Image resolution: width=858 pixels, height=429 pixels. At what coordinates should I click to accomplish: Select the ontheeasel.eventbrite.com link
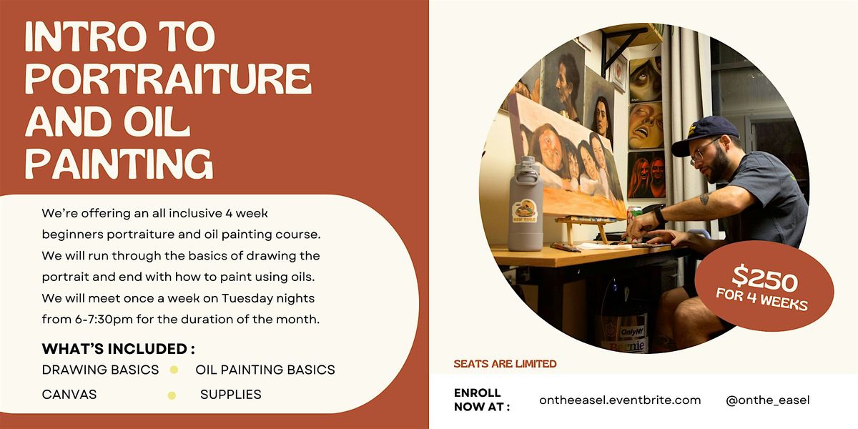(x=620, y=400)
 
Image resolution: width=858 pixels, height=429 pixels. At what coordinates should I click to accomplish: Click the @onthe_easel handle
(x=767, y=400)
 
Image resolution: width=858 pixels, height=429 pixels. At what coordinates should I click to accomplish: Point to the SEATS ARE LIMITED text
(x=505, y=364)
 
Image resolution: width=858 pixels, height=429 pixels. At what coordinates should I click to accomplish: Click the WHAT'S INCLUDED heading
(x=118, y=349)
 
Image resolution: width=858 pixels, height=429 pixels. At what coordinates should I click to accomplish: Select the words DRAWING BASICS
(x=100, y=370)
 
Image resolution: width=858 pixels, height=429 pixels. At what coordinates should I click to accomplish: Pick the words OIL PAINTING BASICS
(x=265, y=370)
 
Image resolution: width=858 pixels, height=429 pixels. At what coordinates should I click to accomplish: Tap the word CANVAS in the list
(x=69, y=394)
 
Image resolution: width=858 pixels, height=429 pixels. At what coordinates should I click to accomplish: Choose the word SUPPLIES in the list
(x=231, y=394)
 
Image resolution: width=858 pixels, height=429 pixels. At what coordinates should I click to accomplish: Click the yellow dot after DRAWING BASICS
(x=173, y=370)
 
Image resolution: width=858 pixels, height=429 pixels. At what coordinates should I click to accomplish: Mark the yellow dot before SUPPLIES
(x=172, y=395)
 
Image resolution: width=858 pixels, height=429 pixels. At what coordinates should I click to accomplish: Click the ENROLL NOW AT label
(x=481, y=400)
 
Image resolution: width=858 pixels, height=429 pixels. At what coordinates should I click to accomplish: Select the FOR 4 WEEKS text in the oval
(x=762, y=299)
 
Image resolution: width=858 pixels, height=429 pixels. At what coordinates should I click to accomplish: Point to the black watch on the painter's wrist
(x=659, y=214)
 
